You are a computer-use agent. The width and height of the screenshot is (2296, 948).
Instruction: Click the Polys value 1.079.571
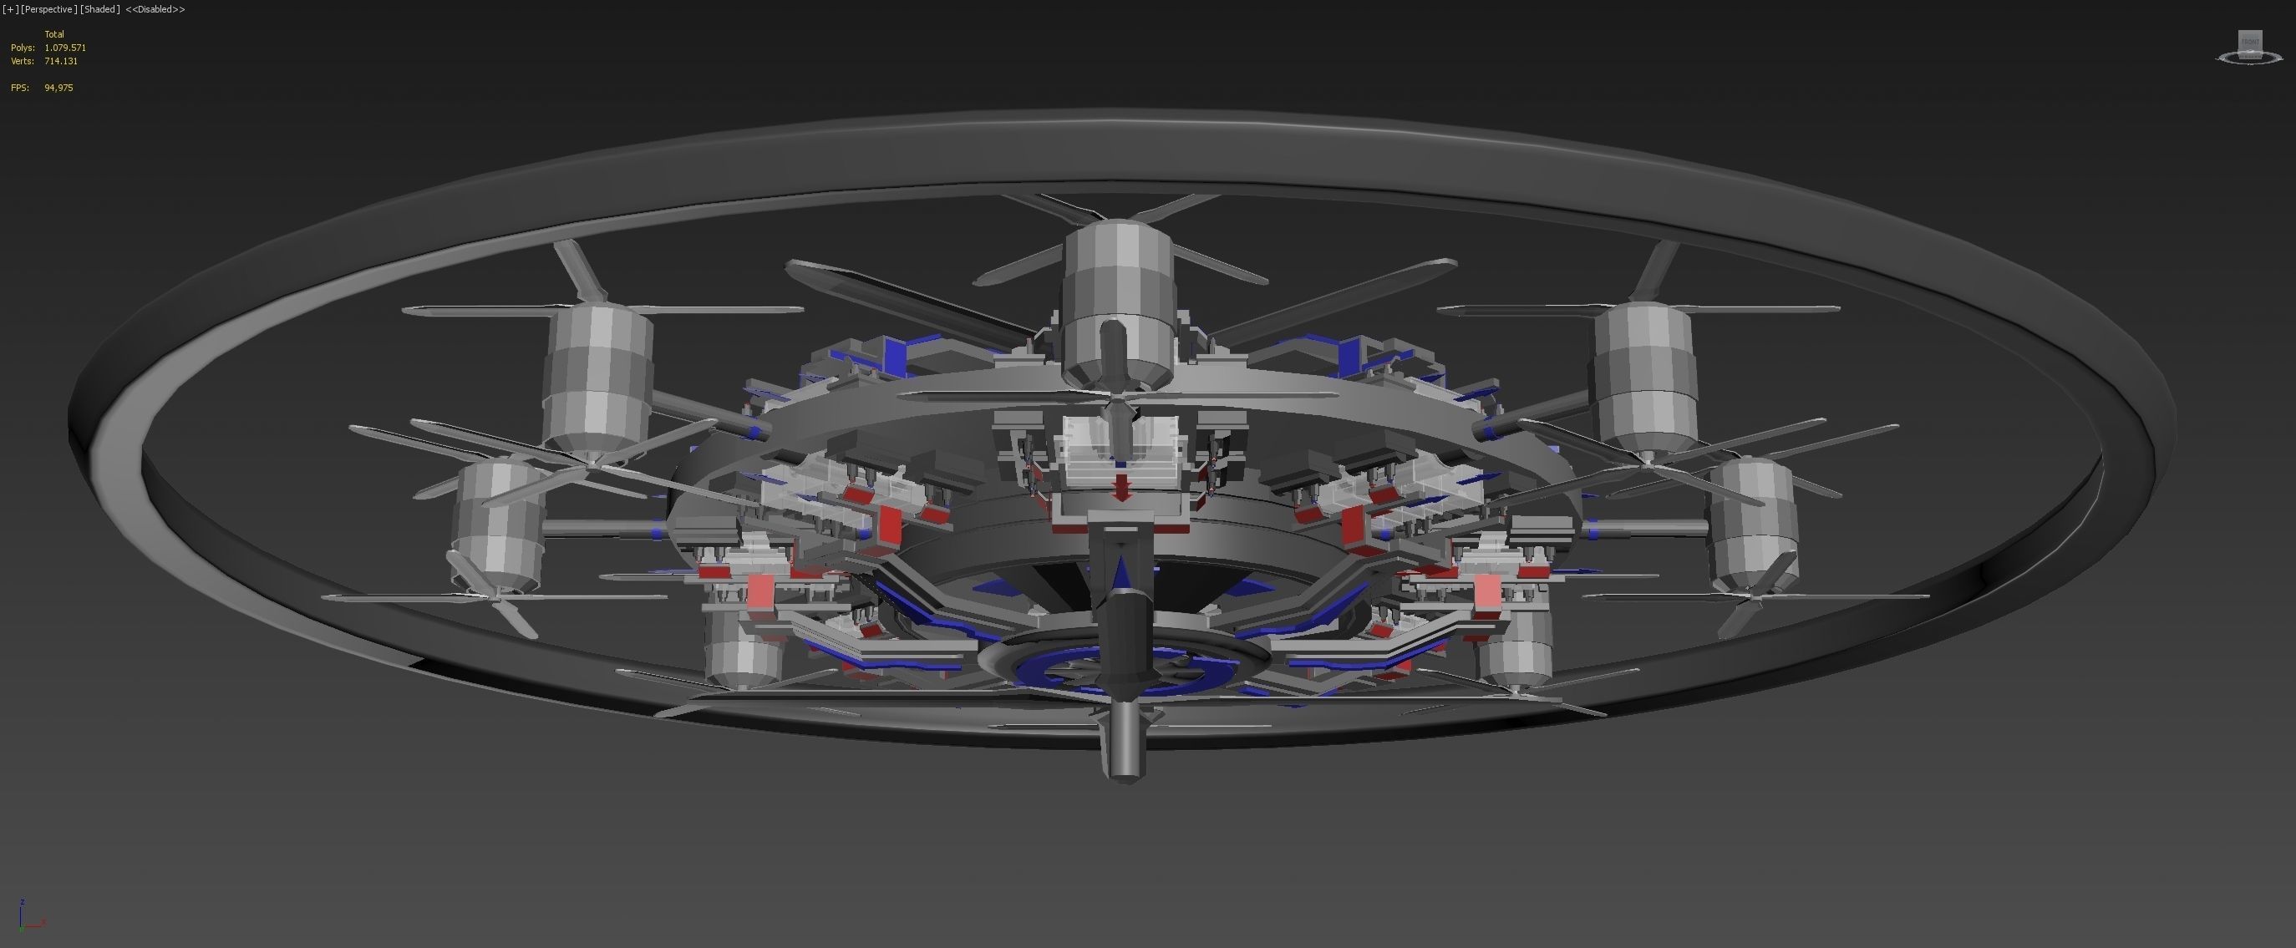click(65, 48)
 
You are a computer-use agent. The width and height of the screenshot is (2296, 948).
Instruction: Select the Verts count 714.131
click(61, 62)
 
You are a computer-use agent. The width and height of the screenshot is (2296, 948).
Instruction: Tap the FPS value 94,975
click(58, 88)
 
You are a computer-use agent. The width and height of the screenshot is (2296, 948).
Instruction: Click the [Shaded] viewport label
click(99, 9)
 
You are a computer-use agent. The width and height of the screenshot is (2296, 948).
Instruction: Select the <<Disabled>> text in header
click(155, 9)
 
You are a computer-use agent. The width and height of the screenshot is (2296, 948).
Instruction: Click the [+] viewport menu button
click(10, 9)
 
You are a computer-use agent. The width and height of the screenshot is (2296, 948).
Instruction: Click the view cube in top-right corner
click(2250, 46)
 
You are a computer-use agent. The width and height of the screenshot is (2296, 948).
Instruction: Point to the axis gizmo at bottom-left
click(27, 916)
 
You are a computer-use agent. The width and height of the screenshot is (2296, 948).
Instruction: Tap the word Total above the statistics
click(54, 34)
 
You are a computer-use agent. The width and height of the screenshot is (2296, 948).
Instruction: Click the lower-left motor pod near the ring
click(497, 525)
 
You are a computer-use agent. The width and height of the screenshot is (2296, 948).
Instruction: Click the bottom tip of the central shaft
click(1125, 773)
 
